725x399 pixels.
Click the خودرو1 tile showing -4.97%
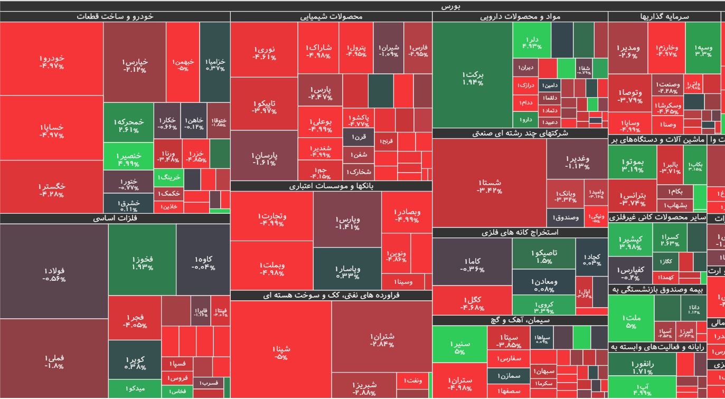[x=52, y=59]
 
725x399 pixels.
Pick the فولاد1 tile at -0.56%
[x=54, y=274]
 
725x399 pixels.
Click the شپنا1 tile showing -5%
[x=281, y=352]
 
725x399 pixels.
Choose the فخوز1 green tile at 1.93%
[x=143, y=262]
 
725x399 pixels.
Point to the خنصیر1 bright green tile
[x=129, y=159]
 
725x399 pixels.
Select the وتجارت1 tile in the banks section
[x=272, y=219]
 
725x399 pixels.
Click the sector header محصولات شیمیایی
[x=331, y=17]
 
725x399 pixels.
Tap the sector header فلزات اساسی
[x=115, y=218]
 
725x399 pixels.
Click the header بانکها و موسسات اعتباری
[x=331, y=186]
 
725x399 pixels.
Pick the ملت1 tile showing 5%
[x=631, y=321]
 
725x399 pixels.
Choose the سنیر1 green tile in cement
[x=459, y=347]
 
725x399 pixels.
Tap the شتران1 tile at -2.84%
[x=382, y=339]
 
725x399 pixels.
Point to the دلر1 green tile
[x=532, y=43]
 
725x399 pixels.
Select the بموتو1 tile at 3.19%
[x=632, y=165]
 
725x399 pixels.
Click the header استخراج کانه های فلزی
[x=520, y=232]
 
